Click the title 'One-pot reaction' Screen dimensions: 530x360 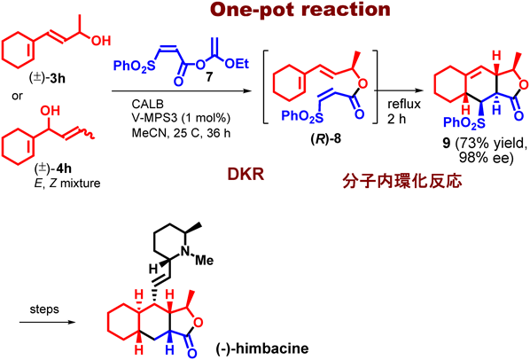tap(300, 10)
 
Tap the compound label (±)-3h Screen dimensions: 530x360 tap(48, 78)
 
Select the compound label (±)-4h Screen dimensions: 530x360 tap(53, 168)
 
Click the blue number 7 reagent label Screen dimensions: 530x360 tap(209, 77)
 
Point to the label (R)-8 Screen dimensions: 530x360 tap(326, 138)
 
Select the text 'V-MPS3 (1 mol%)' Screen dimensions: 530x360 tap(181, 118)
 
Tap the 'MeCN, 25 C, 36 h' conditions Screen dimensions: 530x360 tap(181, 133)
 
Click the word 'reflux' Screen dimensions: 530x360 tap(404, 104)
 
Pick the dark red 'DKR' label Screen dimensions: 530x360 tap(246, 175)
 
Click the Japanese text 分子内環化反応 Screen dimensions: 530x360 tap(401, 182)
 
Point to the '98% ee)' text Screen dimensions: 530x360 tap(486, 158)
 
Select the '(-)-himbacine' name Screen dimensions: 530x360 tap(262, 348)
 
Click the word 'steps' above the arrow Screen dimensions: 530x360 tap(44, 309)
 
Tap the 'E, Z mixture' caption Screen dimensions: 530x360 tap(67, 184)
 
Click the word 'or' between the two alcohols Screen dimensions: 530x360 tap(17, 96)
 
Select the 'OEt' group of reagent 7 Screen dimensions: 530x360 tap(237, 64)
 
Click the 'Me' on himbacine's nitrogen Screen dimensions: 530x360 tap(205, 261)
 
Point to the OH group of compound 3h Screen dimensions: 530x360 tap(101, 41)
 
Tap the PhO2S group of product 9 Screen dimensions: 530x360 tap(464, 122)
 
